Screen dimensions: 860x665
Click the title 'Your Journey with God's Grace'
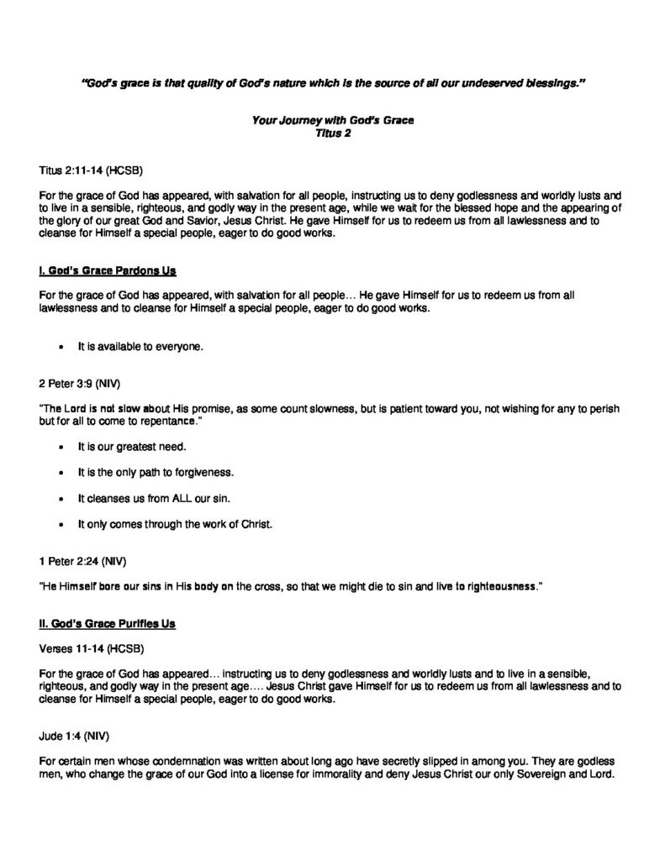pos(333,120)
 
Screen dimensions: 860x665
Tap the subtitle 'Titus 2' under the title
pos(332,132)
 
